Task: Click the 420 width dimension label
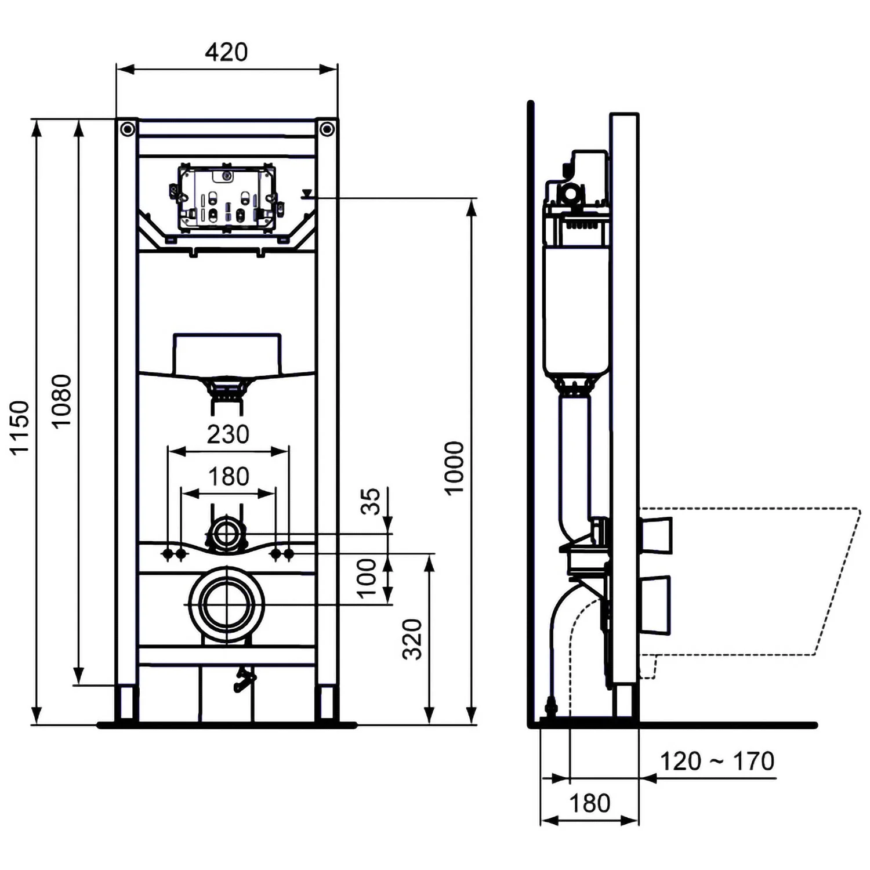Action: coord(226,52)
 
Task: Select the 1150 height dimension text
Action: coord(20,427)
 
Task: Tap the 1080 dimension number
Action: coord(61,401)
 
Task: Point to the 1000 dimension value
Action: coord(455,467)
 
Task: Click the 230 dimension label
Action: coord(228,434)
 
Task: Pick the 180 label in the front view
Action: coord(229,477)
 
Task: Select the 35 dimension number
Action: coord(371,501)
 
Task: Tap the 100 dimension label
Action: coord(367,578)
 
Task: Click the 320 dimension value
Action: coord(412,639)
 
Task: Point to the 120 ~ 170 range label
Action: coord(717,761)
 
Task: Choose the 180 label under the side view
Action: coord(589,804)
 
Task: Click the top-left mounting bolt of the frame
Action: coord(127,128)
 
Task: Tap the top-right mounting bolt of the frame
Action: coord(327,128)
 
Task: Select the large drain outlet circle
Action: coord(227,604)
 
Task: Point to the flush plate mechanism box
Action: coord(227,198)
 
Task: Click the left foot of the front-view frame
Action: coord(126,704)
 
